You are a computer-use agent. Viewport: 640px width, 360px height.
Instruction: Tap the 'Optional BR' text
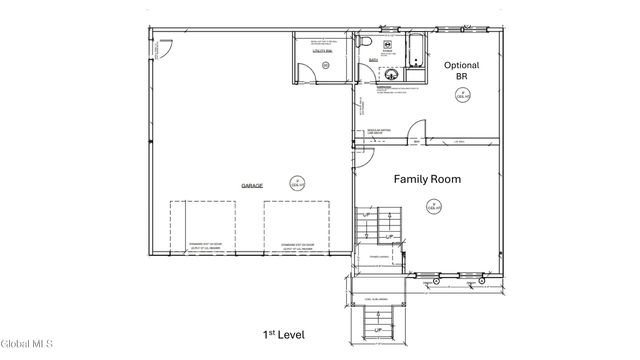coord(461,72)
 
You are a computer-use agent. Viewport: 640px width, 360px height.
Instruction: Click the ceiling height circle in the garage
coord(296,183)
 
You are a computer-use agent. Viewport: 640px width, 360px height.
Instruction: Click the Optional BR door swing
coord(424,131)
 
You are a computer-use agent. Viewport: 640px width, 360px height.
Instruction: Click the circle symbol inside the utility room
coord(324,65)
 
